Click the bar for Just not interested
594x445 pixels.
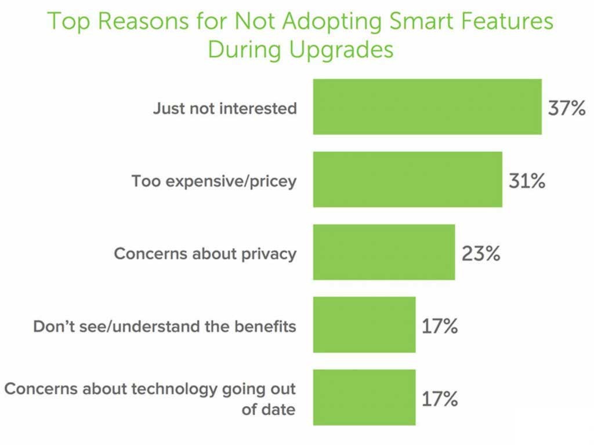point(427,107)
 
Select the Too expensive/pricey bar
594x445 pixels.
point(407,180)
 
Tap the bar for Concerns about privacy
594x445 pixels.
point(384,252)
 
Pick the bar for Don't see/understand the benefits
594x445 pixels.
point(364,324)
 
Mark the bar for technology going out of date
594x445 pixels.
point(364,397)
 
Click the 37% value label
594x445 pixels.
point(567,108)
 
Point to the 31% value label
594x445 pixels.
point(527,181)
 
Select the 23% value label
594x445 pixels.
point(480,254)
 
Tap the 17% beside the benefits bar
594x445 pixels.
point(440,326)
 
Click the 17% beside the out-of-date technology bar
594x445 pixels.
point(440,399)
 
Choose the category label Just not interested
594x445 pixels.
point(224,108)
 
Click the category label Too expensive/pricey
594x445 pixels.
point(213,181)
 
